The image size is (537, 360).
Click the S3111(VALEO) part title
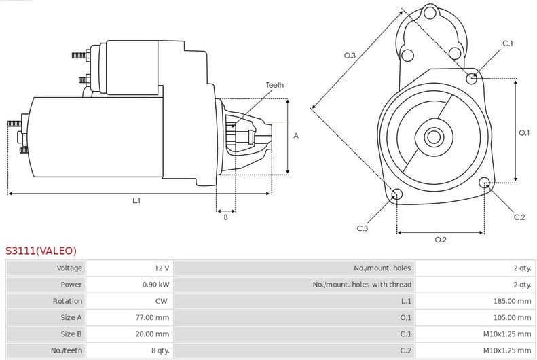click(x=41, y=251)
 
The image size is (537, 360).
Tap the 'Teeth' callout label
click(x=274, y=85)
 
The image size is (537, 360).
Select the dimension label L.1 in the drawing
click(x=136, y=201)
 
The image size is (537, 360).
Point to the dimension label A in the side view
click(x=296, y=136)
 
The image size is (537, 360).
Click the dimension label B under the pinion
click(x=225, y=217)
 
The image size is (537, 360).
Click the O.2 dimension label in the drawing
click(x=440, y=240)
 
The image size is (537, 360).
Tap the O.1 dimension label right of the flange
click(x=524, y=133)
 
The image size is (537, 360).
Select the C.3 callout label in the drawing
click(x=362, y=228)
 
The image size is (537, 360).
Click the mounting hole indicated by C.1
click(x=472, y=78)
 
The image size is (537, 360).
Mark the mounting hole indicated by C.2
click(x=485, y=183)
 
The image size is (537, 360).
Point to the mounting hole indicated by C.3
click(x=397, y=196)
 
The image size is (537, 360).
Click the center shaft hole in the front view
click(x=432, y=137)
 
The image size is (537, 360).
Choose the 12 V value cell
click(x=162, y=268)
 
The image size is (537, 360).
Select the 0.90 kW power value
click(x=155, y=285)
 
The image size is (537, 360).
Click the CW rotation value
click(x=162, y=301)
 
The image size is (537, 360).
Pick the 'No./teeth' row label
click(x=67, y=350)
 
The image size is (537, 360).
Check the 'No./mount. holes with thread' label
click(x=362, y=285)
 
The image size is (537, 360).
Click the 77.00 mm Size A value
click(x=153, y=317)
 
